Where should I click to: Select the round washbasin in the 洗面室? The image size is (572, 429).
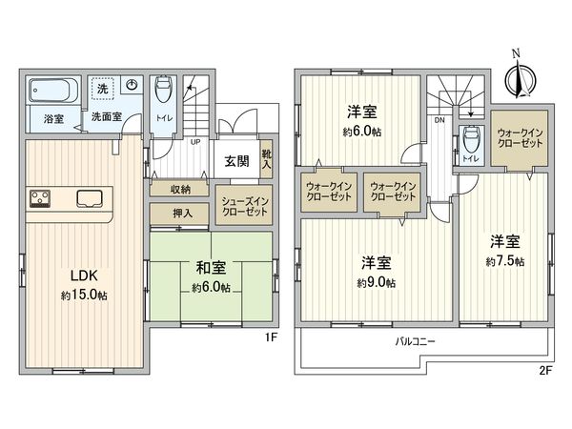coord(133,86)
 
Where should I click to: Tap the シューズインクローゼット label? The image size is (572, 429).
coord(247,206)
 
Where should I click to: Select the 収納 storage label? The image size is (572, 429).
coord(181,189)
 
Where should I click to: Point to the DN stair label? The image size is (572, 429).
coord(439,121)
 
